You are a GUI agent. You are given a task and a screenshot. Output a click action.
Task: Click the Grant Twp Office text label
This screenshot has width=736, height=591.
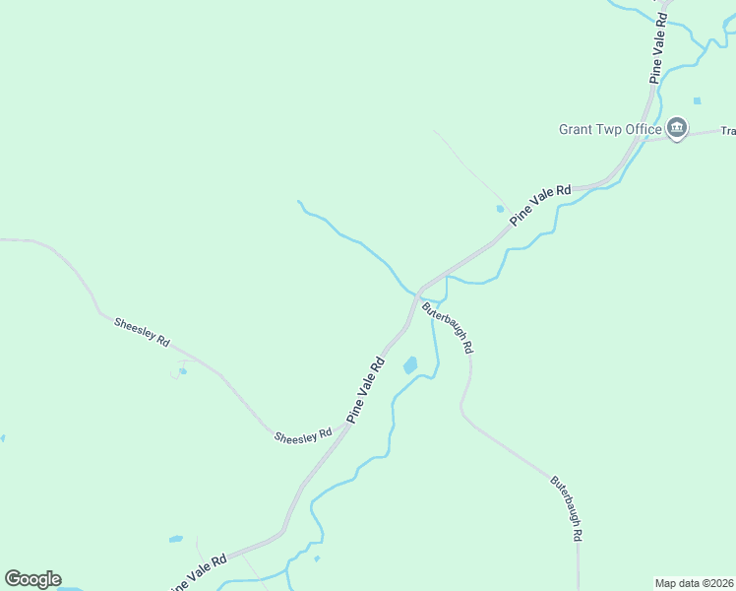(x=610, y=129)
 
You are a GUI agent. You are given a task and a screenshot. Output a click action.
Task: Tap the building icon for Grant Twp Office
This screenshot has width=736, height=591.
(x=677, y=128)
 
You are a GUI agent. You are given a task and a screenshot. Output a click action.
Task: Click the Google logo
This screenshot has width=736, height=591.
(x=32, y=579)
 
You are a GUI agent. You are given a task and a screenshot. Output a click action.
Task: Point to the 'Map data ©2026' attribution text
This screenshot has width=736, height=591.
(x=693, y=583)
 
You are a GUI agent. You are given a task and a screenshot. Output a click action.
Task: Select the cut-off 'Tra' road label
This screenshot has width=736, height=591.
(x=728, y=130)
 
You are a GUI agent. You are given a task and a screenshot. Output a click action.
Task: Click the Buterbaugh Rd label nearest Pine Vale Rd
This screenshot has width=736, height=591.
(x=449, y=328)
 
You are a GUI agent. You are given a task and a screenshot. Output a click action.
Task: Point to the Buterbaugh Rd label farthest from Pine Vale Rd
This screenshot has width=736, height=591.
(x=567, y=508)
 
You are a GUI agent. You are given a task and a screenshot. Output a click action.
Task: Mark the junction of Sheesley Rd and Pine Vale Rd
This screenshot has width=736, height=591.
(x=346, y=427)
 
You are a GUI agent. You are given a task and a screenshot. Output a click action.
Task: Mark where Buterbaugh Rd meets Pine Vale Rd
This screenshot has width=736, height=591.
(x=419, y=292)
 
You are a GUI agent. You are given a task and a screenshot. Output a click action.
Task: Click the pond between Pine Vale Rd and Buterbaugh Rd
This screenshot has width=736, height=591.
(x=410, y=365)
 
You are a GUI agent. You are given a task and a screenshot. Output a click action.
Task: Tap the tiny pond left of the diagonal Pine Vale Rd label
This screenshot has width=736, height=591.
(x=500, y=209)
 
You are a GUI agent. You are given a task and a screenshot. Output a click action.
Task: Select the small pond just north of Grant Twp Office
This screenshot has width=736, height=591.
(x=697, y=100)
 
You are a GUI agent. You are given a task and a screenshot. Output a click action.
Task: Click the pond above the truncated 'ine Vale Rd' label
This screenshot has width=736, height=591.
(x=175, y=539)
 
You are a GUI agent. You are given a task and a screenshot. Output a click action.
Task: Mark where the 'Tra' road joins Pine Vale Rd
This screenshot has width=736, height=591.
(x=645, y=139)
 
